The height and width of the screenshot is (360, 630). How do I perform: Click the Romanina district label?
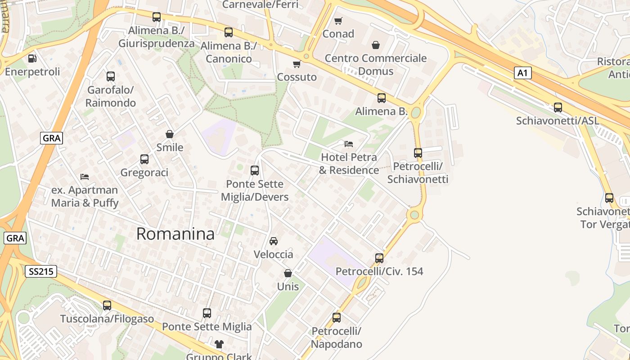tap(175, 234)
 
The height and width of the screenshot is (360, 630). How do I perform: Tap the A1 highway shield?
tap(522, 73)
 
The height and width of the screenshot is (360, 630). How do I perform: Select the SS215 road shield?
tap(40, 271)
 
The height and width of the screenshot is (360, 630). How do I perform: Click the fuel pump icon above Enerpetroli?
tap(32, 58)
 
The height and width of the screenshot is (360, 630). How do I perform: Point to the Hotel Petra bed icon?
tap(348, 144)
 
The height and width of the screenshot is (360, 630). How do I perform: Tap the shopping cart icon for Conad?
tap(338, 21)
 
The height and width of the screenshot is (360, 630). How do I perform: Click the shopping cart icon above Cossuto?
tap(297, 64)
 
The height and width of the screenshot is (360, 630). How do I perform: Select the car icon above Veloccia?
tap(273, 241)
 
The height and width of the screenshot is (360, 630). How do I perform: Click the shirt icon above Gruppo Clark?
tap(219, 344)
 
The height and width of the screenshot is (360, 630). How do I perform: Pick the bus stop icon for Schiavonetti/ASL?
tap(558, 107)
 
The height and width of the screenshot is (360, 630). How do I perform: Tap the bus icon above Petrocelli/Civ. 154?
tap(379, 258)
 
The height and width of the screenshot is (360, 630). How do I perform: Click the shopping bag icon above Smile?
tap(170, 134)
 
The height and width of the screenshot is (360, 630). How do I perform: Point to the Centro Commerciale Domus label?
tap(375, 64)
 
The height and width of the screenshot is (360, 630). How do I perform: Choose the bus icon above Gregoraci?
tap(144, 159)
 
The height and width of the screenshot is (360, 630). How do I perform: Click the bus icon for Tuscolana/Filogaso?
tap(107, 306)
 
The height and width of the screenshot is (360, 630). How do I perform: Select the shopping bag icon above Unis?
tap(288, 273)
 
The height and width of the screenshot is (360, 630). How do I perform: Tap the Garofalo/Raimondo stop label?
tap(111, 96)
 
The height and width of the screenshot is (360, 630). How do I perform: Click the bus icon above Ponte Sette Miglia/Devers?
tap(255, 171)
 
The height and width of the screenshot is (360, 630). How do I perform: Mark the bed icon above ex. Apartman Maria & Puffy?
tap(85, 176)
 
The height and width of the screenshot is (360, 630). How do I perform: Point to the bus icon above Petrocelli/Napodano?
tap(337, 318)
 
